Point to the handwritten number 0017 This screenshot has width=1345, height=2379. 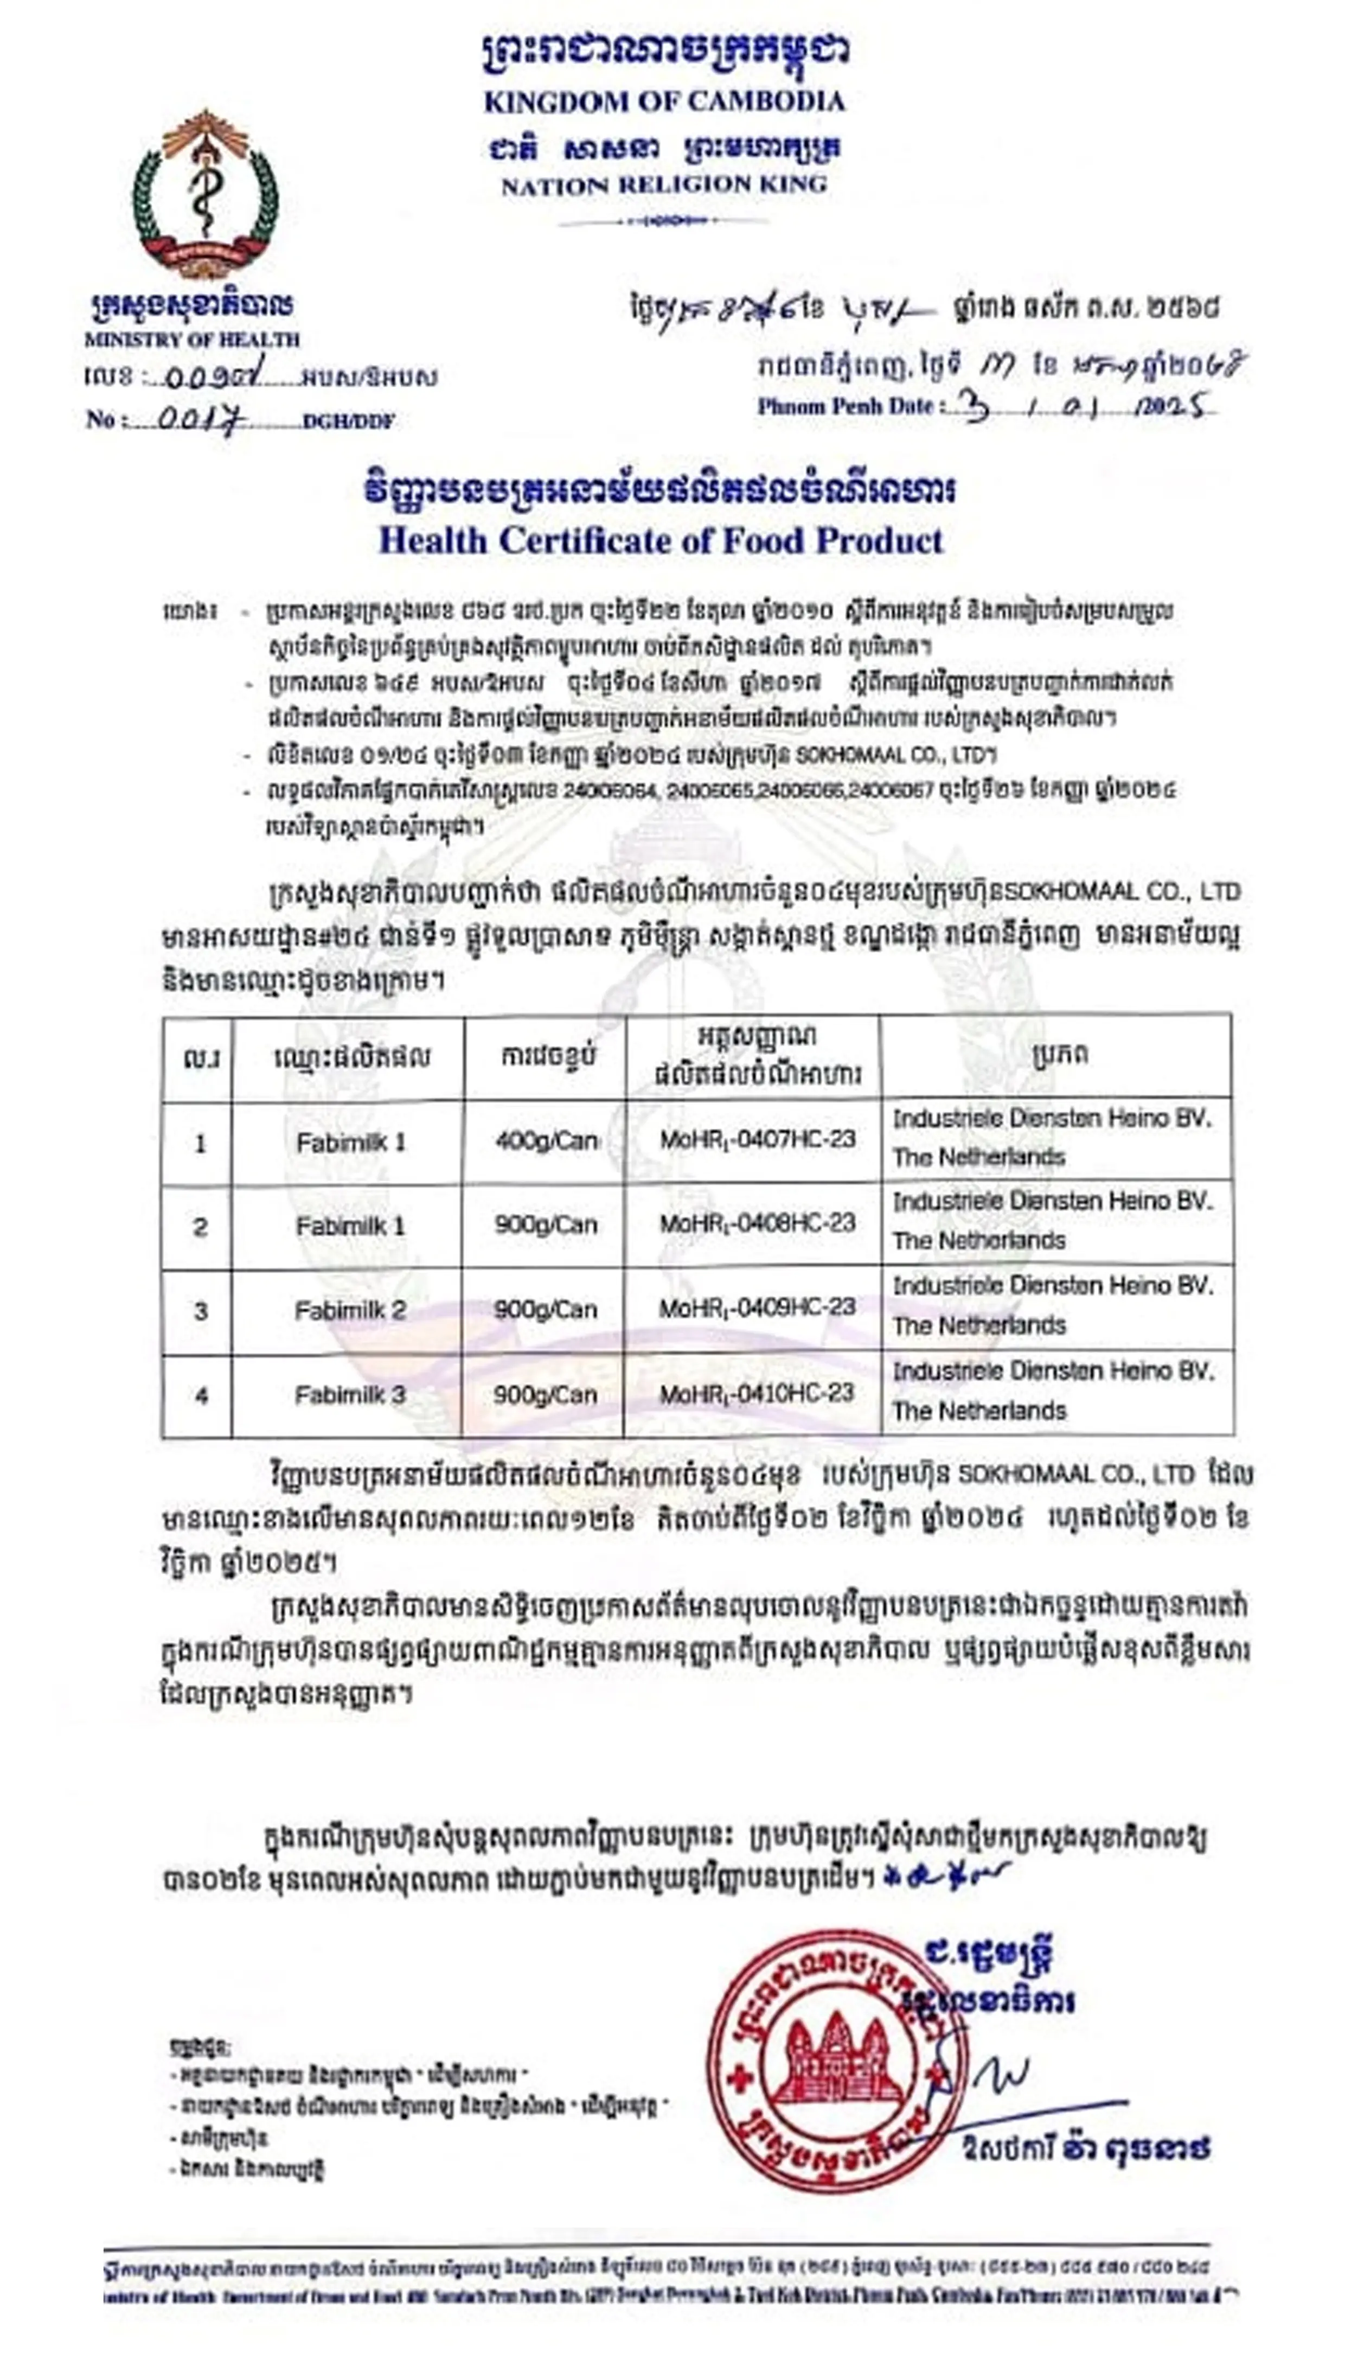click(201, 420)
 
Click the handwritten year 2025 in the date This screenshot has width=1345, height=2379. click(1169, 406)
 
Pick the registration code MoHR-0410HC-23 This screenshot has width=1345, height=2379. click(755, 1393)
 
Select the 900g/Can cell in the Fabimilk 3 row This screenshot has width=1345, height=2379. click(545, 1394)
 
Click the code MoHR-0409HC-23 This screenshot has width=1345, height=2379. click(755, 1308)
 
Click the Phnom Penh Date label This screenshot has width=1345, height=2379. click(846, 406)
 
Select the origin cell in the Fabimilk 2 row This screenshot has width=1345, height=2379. click(1053, 1305)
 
